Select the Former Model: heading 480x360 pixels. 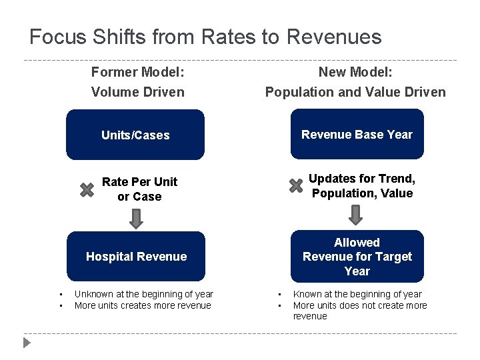pyautogui.click(x=137, y=71)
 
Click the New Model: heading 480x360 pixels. pyautogui.click(x=355, y=71)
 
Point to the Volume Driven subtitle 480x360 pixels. pyautogui.click(x=137, y=92)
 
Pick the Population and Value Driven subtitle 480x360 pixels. pyautogui.click(x=355, y=92)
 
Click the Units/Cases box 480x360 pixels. pyautogui.click(x=135, y=135)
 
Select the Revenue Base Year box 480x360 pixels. pyautogui.click(x=357, y=135)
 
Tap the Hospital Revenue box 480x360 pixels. pyautogui.click(x=136, y=257)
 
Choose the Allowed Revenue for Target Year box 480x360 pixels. pyautogui.click(x=357, y=257)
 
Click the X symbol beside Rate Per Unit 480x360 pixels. pyautogui.click(x=87, y=190)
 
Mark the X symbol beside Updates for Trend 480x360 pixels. pyautogui.click(x=296, y=186)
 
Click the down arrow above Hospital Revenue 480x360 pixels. pyautogui.click(x=136, y=218)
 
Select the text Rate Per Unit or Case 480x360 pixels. pyautogui.click(x=139, y=189)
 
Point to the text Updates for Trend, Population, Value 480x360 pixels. pyautogui.click(x=362, y=186)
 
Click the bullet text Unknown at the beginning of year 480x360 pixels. pyautogui.click(x=143, y=294)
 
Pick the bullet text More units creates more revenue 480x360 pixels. pyautogui.click(x=143, y=305)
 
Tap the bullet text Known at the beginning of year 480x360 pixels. pyautogui.click(x=357, y=294)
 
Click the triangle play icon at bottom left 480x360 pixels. pyautogui.click(x=27, y=343)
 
